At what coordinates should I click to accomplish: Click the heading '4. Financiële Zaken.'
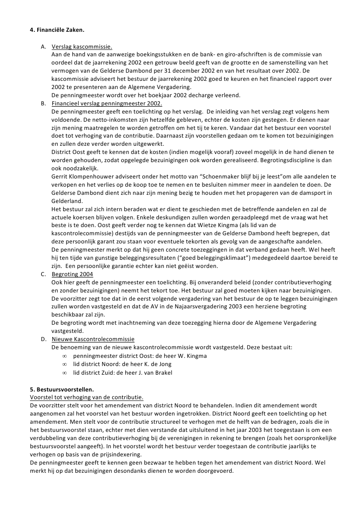[x=57, y=30]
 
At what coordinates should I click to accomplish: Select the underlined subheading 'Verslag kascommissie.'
[x=82, y=46]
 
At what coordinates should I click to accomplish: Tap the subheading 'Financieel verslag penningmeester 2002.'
[x=107, y=104]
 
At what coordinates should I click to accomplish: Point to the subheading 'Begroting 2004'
[x=73, y=274]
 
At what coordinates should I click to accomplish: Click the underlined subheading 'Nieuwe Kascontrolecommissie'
[x=93, y=339]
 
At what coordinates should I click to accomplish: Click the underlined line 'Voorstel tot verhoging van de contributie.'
[x=86, y=397]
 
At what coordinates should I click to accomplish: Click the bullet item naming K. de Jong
[x=122, y=364]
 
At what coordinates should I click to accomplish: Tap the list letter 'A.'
[x=44, y=46]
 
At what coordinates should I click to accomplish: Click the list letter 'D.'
[x=44, y=339]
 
